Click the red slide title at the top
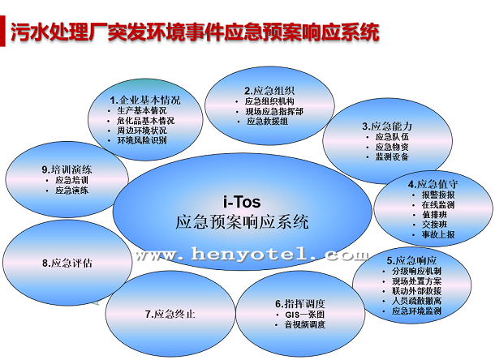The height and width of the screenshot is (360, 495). coord(195,32)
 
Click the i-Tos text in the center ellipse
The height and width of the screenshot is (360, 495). coord(242,202)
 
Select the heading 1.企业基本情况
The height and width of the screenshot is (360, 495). coord(145,100)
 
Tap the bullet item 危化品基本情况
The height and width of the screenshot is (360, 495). coord(145,121)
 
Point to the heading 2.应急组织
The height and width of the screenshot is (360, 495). coord(269,91)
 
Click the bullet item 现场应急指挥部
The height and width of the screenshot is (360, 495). coord(274,111)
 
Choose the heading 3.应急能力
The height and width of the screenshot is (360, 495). coord(387,126)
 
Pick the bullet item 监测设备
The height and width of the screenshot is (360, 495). coord(392,156)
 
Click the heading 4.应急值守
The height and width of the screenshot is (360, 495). coord(433,184)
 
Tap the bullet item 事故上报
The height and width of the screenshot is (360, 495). coord(438,235)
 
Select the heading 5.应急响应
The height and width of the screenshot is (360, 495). coord(411,260)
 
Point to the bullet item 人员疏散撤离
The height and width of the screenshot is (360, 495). coord(416,301)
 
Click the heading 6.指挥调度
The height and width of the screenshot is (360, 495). coord(300,304)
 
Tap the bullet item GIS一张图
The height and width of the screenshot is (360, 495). coord(304,315)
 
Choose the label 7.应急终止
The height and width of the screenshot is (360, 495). coord(170,315)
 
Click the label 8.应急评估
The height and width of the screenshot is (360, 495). coord(67,263)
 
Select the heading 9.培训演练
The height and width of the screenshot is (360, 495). coord(67,169)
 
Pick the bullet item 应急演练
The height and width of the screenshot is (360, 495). coord(71,191)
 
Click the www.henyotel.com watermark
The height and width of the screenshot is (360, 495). coord(252,255)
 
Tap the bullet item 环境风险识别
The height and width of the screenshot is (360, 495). coord(142,140)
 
